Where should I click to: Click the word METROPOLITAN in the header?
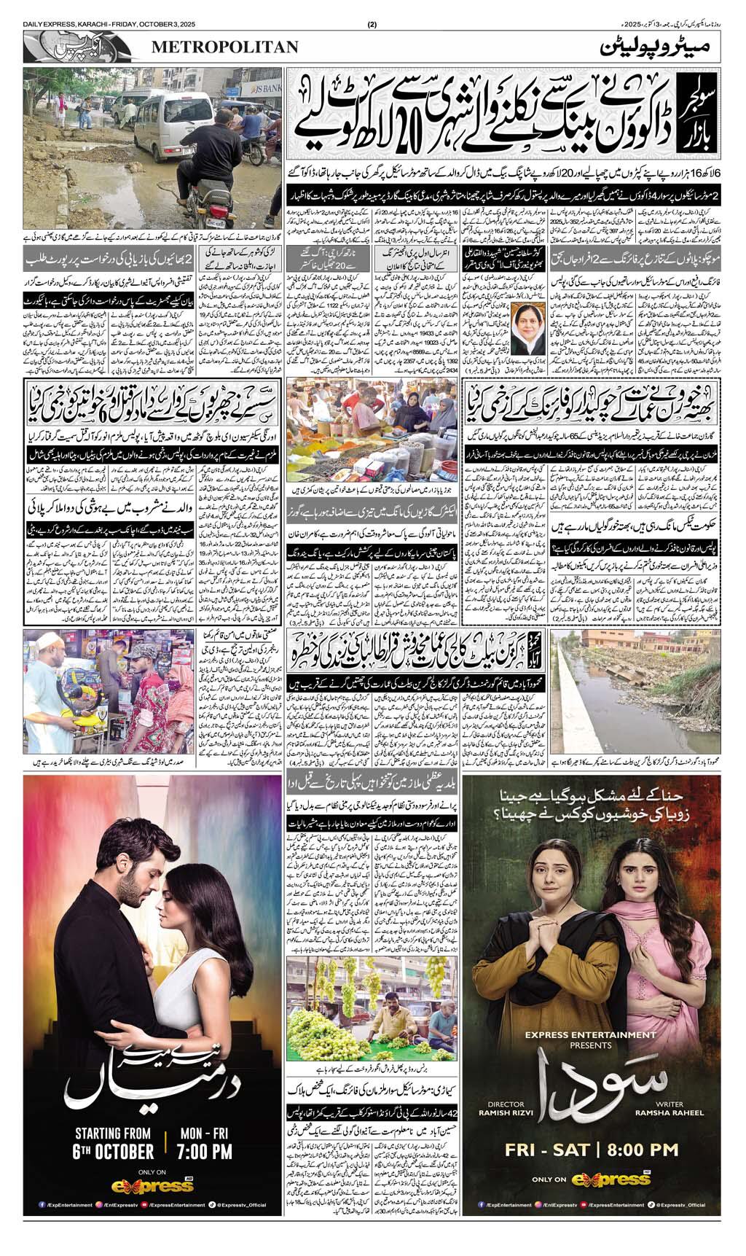click(225, 47)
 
